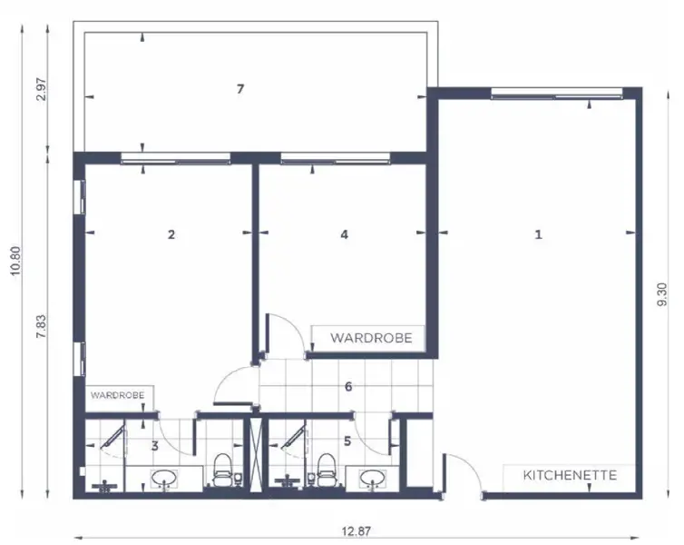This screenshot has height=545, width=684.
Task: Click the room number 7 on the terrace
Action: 239,88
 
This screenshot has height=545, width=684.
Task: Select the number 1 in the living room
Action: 538,233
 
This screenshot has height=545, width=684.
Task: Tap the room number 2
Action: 171,233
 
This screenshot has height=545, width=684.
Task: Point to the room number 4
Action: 344,233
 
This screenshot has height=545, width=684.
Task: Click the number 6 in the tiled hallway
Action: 347,385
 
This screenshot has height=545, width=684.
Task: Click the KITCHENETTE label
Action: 571,475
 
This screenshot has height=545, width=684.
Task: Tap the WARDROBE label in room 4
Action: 370,338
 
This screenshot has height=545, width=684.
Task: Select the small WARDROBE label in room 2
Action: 118,396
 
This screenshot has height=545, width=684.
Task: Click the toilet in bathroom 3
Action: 223,471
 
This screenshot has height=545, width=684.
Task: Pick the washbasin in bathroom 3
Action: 164,478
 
